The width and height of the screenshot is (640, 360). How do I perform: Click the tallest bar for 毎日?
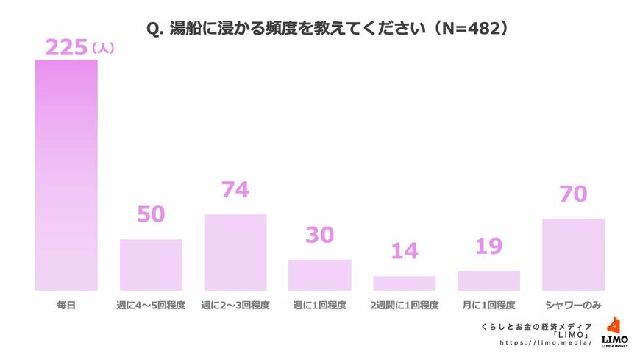66,175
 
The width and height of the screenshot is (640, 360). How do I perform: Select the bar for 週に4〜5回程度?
151,265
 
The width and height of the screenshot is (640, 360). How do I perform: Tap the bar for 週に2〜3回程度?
235,253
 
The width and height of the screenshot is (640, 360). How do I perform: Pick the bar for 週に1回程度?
319,275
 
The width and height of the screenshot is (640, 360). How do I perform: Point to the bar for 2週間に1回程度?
404,283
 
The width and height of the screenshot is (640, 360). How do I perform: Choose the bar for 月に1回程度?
488,280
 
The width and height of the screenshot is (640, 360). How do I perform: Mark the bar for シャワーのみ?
573,254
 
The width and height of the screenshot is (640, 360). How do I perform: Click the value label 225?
66,47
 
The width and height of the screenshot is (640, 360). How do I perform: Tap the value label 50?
151,214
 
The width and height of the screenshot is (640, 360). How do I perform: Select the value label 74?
235,190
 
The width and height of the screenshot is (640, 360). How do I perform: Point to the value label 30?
319,235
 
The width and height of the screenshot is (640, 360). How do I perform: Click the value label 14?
404,251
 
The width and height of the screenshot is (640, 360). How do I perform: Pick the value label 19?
488,246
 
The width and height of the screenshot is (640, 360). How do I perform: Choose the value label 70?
573,194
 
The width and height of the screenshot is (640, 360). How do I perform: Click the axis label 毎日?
66,305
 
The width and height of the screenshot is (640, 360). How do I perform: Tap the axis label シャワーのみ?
573,305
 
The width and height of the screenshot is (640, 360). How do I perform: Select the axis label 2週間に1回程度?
404,305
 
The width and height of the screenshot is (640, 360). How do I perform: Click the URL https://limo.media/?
546,343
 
